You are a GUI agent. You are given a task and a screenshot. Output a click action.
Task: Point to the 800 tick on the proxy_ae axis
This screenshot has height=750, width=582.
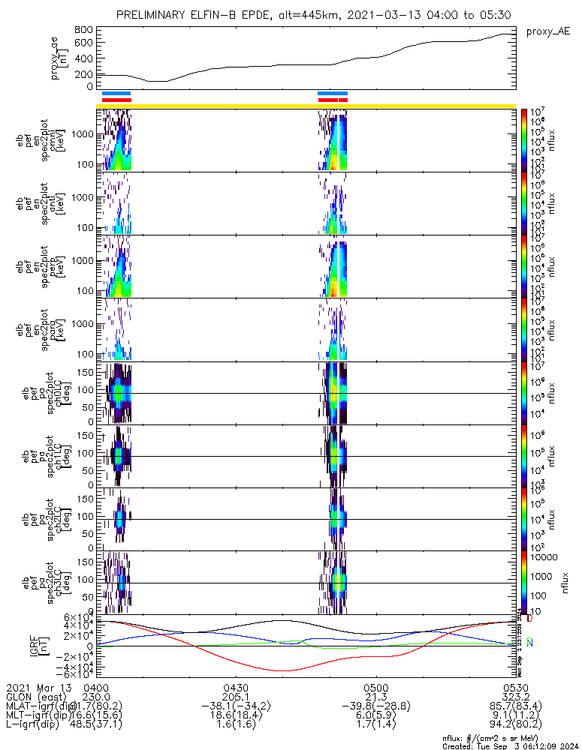(83, 30)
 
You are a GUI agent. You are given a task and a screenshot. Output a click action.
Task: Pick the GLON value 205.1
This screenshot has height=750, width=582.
(236, 697)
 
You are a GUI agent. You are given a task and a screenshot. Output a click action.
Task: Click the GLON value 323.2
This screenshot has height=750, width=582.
(515, 697)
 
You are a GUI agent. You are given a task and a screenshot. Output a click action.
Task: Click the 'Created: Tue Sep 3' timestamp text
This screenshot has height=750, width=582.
(511, 745)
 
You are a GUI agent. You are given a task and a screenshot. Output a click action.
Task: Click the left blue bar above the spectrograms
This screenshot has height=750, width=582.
(116, 94)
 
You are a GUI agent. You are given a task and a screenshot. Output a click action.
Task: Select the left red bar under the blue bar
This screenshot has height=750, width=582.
(116, 100)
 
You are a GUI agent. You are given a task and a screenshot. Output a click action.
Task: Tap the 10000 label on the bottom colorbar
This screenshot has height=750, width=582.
(543, 557)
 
